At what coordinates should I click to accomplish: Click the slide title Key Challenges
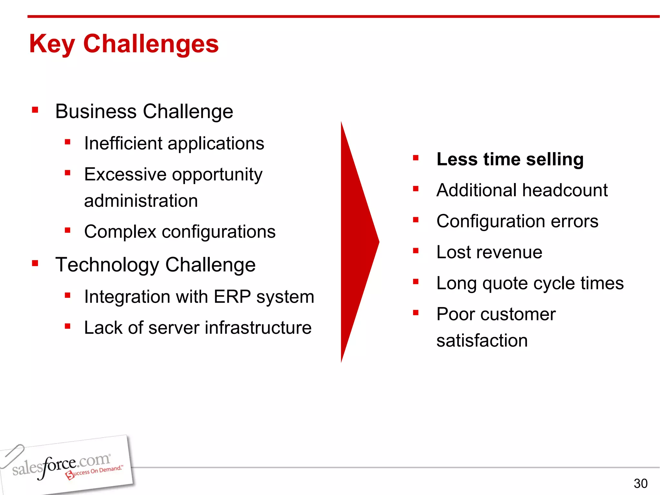point(124,44)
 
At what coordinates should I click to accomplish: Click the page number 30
point(640,483)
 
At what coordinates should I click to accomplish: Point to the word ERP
point(232,296)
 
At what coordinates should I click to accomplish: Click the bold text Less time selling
point(510,159)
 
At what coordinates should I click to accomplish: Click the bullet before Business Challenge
point(35,111)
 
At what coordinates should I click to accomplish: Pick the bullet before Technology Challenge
point(35,264)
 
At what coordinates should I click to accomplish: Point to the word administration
point(141,201)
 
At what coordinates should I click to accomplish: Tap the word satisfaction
point(482,341)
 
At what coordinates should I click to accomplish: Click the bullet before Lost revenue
point(416,251)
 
